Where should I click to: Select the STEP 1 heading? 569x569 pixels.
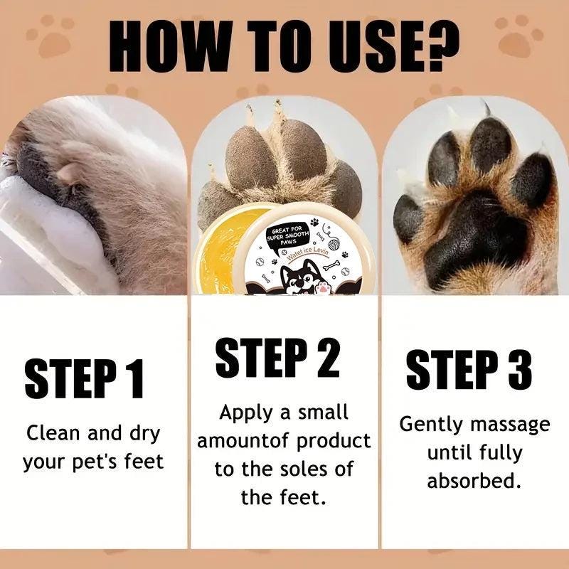coord(84,378)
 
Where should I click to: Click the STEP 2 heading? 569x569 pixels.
coord(277,358)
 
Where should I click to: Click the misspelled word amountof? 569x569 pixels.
coord(243,441)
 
